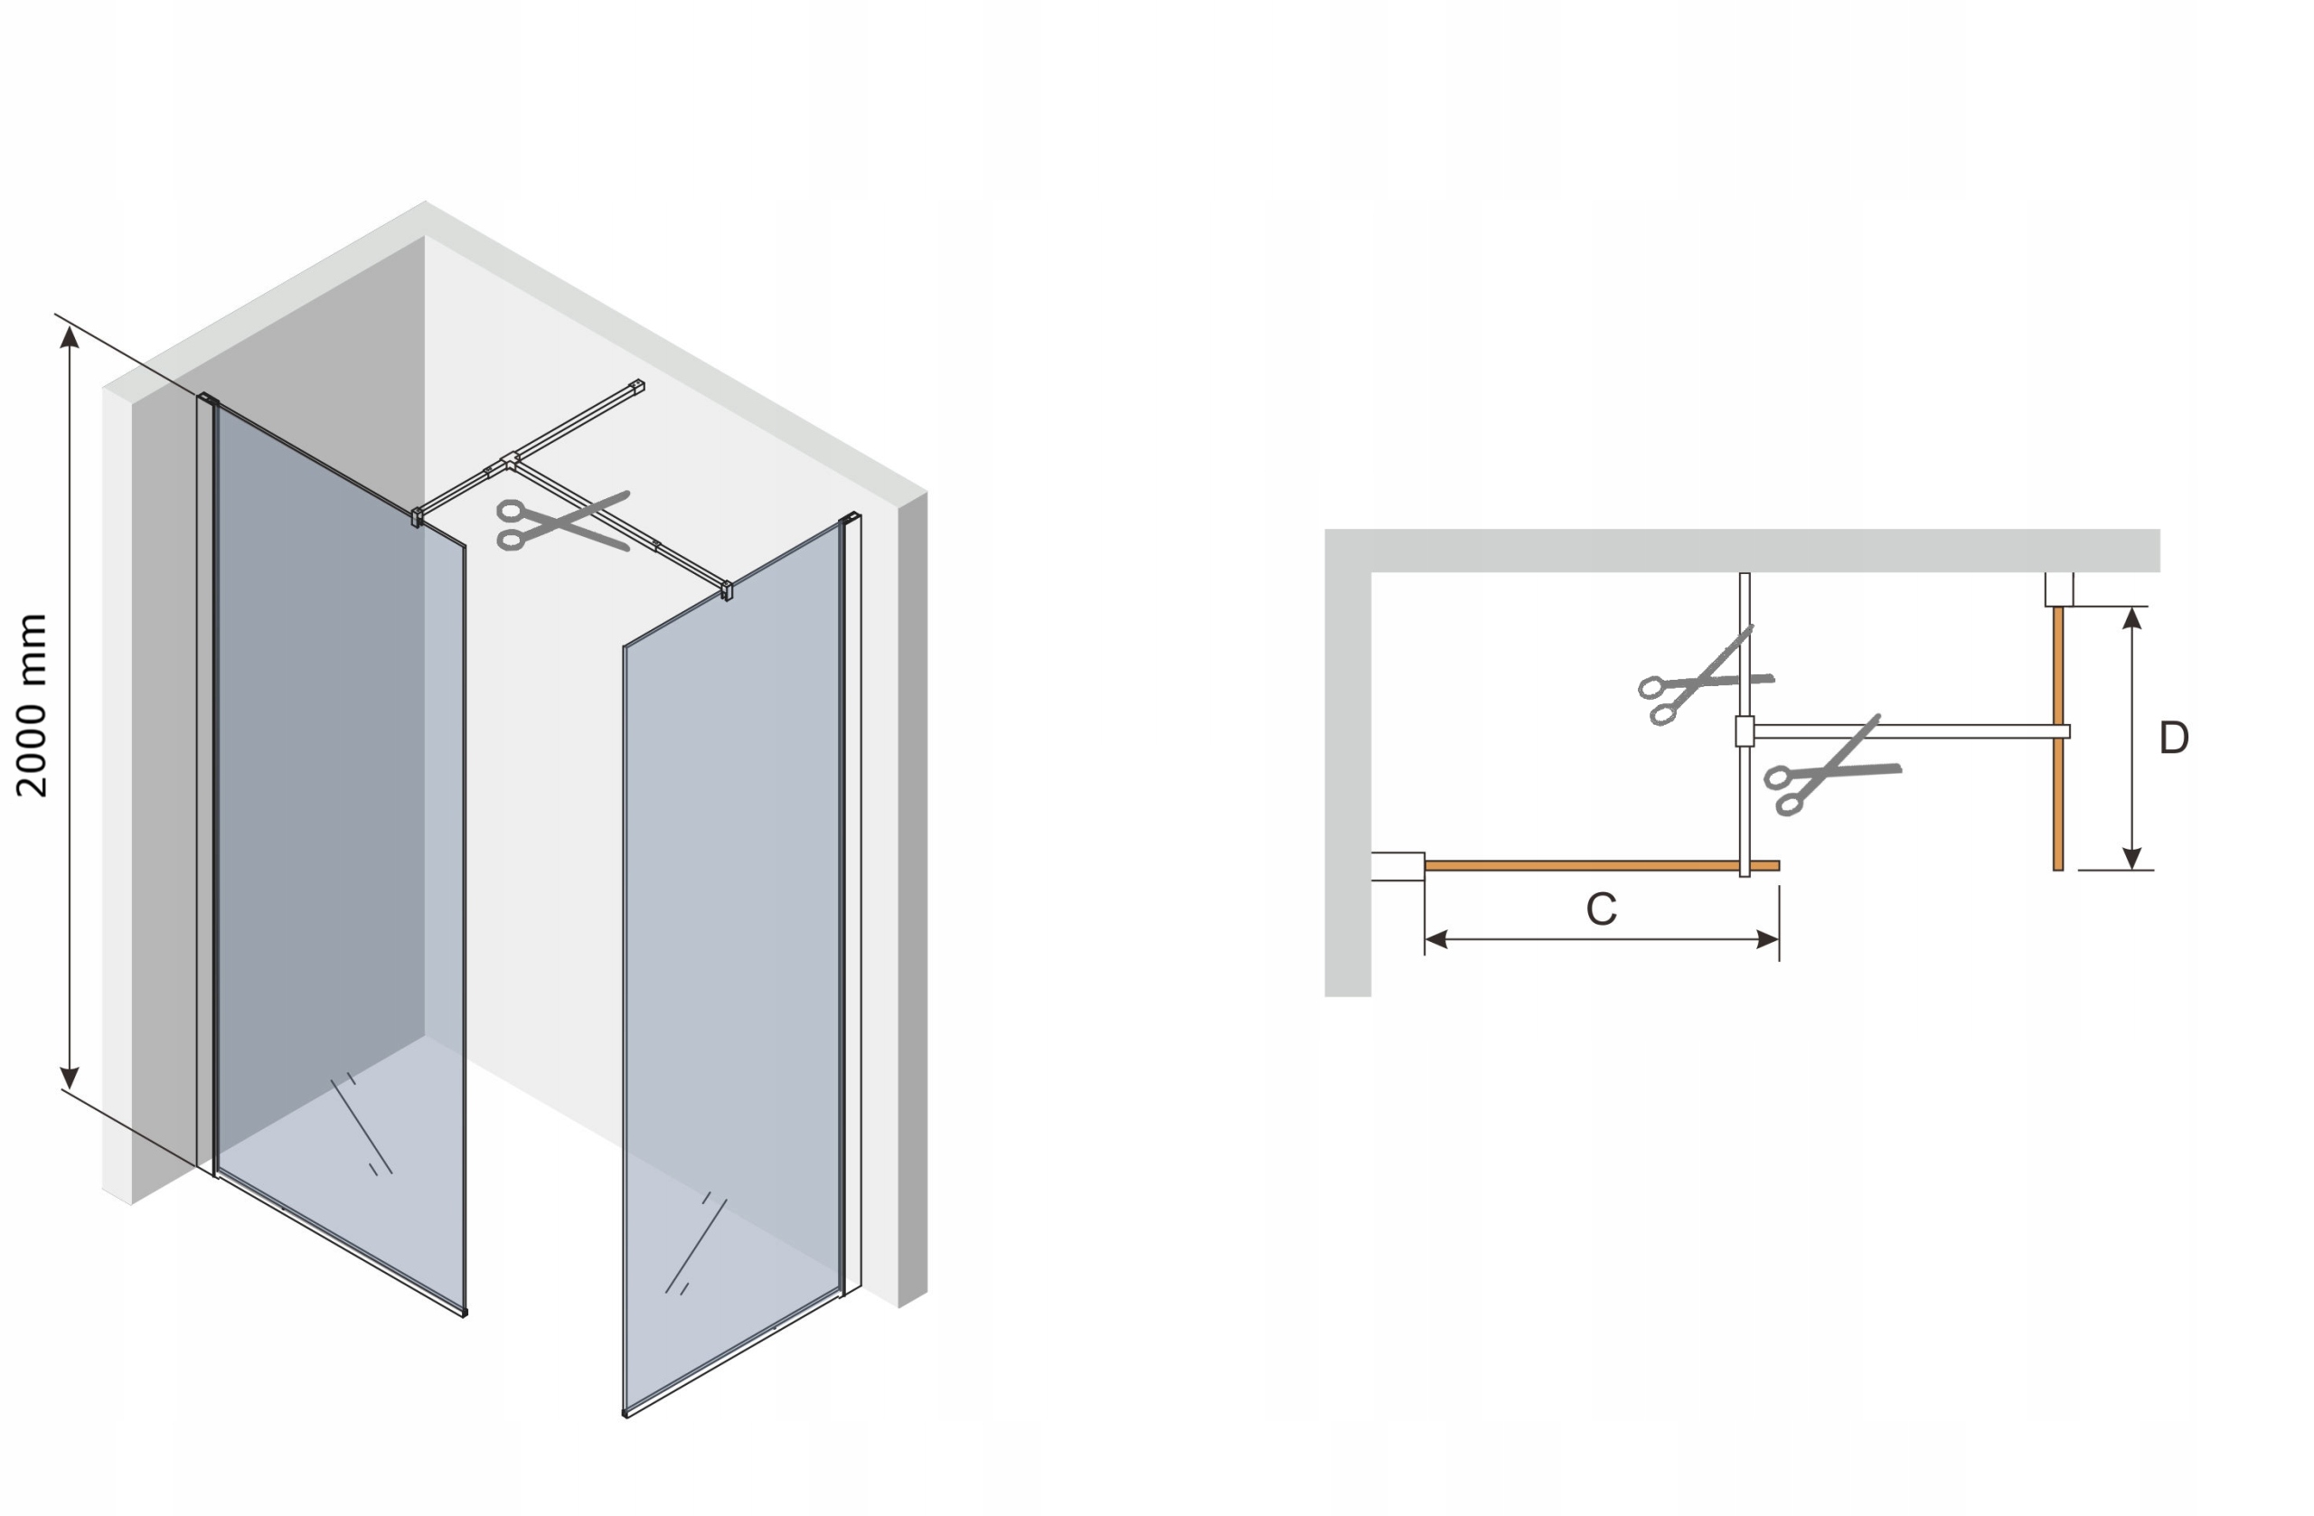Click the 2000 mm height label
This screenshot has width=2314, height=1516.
31,705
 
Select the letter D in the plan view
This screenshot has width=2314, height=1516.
2173,738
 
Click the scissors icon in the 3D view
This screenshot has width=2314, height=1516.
563,523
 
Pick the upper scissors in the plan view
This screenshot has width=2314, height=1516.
1706,677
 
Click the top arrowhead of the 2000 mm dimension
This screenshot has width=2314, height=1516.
69,336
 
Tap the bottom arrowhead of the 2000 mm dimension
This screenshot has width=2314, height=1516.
69,1078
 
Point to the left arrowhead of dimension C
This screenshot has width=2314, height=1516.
1437,939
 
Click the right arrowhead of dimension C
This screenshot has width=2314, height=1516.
1766,939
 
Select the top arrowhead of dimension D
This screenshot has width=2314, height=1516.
2131,617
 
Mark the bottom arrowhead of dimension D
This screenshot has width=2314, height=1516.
2131,858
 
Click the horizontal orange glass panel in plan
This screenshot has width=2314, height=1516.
1602,865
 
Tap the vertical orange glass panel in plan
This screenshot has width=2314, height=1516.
2057,738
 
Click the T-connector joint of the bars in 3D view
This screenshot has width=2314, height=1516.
510,462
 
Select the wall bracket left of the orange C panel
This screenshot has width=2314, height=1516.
1397,866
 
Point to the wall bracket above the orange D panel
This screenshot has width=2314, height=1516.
2058,589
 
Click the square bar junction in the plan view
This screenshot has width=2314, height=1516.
1745,731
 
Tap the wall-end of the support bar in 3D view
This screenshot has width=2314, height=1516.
637,386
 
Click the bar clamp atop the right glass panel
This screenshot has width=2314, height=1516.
726,590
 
